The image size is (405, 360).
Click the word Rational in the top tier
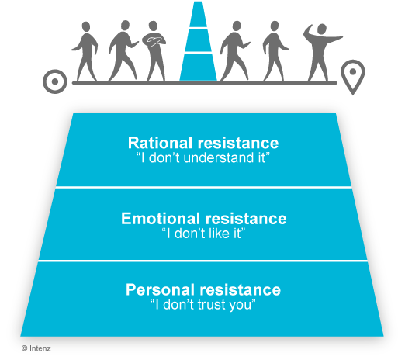coord(160,143)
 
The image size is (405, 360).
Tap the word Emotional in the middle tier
coord(161,218)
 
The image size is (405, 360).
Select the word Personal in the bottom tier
coord(160,289)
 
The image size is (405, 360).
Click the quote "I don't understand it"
coord(203,157)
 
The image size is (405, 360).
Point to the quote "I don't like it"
coord(203,234)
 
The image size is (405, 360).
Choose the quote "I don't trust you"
coord(203,304)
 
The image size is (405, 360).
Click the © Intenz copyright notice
coord(36,348)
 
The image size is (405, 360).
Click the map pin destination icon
coord(353,77)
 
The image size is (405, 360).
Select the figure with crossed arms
coord(154,51)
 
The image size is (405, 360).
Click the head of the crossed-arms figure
coord(153,26)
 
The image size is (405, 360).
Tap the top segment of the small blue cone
coord(199,14)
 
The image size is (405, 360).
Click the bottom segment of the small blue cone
coord(199,67)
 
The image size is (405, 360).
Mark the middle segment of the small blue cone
coord(199,40)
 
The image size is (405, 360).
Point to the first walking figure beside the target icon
coord(85,52)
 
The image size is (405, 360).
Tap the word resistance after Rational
coord(238,143)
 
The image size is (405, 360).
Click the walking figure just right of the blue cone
coord(235,51)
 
